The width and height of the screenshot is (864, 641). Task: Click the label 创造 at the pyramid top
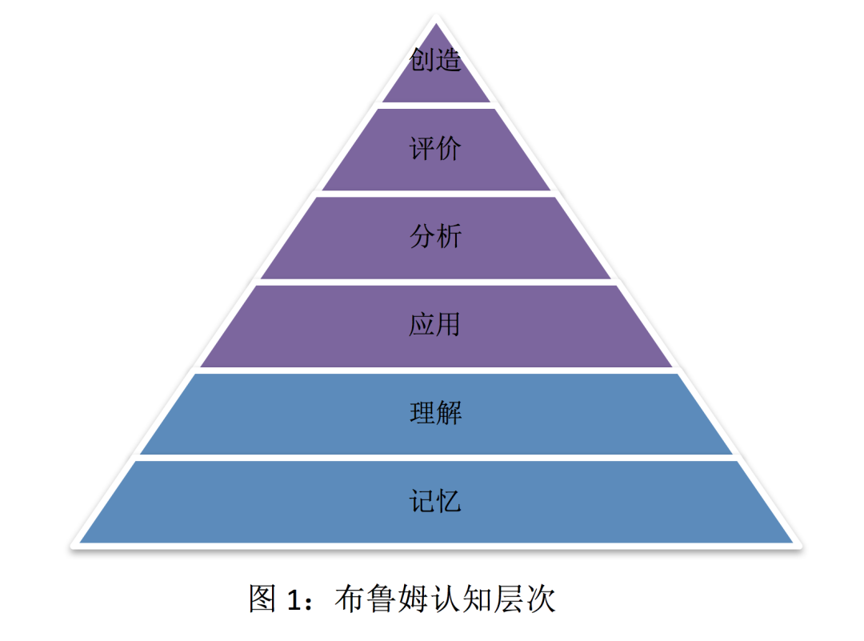click(x=436, y=60)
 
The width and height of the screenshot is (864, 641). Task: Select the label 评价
click(x=436, y=149)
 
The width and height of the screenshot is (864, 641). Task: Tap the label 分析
click(x=436, y=237)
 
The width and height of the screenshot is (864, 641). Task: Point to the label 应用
click(x=436, y=325)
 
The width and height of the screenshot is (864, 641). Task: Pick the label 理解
click(x=436, y=414)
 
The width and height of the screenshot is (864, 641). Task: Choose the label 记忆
click(x=436, y=502)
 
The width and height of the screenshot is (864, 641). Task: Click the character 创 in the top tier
click(x=423, y=60)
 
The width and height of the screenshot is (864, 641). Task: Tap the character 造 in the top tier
click(x=449, y=60)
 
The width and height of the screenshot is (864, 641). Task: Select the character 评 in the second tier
click(x=423, y=149)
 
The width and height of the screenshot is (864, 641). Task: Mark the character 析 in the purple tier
click(x=449, y=237)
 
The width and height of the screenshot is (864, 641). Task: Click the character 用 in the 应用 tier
click(x=449, y=325)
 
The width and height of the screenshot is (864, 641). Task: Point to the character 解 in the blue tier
click(x=449, y=414)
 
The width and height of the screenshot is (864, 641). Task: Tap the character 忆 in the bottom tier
click(x=449, y=502)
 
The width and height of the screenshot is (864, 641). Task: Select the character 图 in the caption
click(x=263, y=598)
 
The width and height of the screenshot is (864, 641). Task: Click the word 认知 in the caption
click(x=468, y=598)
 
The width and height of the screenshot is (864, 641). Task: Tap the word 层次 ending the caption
click(x=526, y=598)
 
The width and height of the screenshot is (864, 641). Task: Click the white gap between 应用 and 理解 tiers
click(x=436, y=370)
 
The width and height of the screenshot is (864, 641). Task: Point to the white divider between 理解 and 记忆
click(x=436, y=458)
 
